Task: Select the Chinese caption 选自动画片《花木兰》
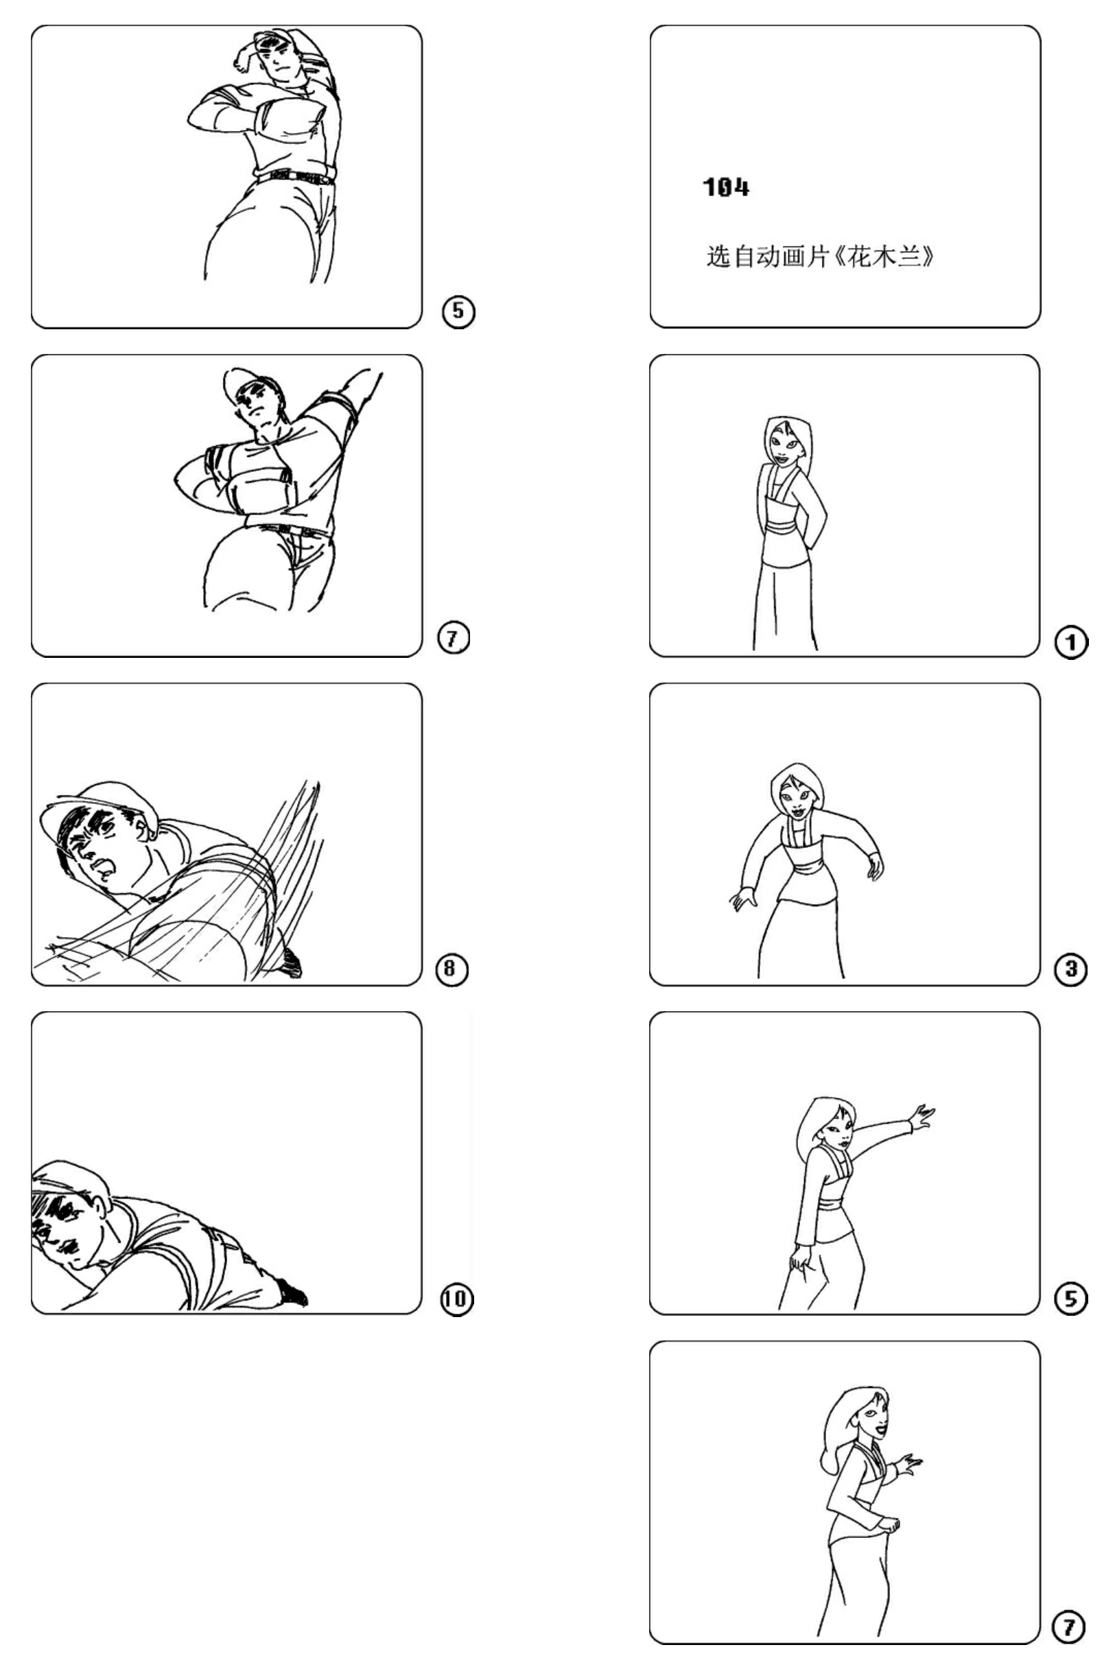click(820, 256)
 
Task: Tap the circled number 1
click(1071, 643)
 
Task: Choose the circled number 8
click(452, 969)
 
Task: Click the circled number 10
click(456, 1299)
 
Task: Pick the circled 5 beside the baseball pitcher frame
click(458, 311)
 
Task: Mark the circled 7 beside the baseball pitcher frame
click(453, 639)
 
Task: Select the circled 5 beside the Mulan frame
click(1071, 1299)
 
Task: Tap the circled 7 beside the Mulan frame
click(1069, 1628)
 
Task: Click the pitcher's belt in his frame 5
click(294, 176)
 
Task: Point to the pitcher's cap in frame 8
click(99, 807)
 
